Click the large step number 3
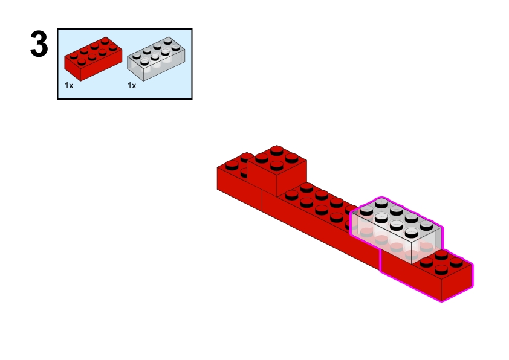click(x=39, y=45)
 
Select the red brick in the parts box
click(x=92, y=59)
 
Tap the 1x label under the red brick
click(x=69, y=86)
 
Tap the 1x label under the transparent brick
click(x=132, y=86)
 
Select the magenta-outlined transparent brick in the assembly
click(x=396, y=230)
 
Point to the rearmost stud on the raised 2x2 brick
click(x=277, y=149)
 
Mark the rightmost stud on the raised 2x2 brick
click(x=291, y=156)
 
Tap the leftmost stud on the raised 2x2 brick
click(x=262, y=156)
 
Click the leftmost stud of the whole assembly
click(x=232, y=164)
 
